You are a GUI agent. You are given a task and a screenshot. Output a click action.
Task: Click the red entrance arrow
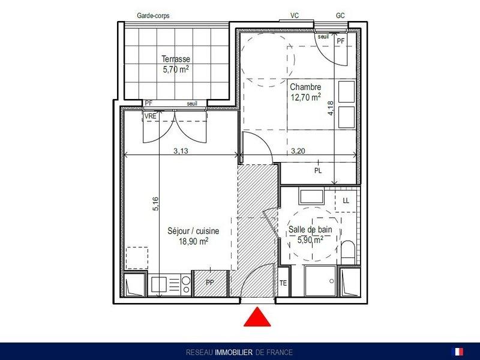tap(257, 317)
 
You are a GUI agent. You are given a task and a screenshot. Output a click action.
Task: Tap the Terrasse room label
tap(176, 59)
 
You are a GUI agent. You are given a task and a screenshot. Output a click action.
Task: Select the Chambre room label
tap(305, 87)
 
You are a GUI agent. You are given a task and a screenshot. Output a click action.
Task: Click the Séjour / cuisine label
tap(193, 230)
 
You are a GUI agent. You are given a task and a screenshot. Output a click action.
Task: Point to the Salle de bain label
tap(310, 229)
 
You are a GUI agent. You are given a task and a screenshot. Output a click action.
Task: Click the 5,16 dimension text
tap(155, 203)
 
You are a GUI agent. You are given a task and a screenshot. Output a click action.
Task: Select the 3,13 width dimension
tap(181, 151)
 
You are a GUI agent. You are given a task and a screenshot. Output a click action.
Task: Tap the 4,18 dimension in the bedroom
tap(331, 108)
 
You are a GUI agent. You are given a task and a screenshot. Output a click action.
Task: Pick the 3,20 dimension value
tap(298, 151)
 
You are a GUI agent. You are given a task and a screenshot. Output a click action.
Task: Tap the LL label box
tap(346, 201)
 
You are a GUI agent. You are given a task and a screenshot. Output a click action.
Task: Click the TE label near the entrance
tap(283, 283)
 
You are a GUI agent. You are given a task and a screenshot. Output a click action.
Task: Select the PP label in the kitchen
tap(209, 282)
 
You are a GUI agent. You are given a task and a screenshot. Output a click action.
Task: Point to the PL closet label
tap(318, 170)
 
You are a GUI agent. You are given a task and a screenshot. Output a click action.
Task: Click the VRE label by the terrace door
tap(151, 116)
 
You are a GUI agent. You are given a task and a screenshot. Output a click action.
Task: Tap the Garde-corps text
tap(153, 16)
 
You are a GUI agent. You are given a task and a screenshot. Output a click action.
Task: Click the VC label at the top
tap(295, 16)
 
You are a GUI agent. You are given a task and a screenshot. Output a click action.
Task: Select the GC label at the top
tap(340, 16)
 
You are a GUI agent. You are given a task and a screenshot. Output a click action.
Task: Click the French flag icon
tap(457, 352)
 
